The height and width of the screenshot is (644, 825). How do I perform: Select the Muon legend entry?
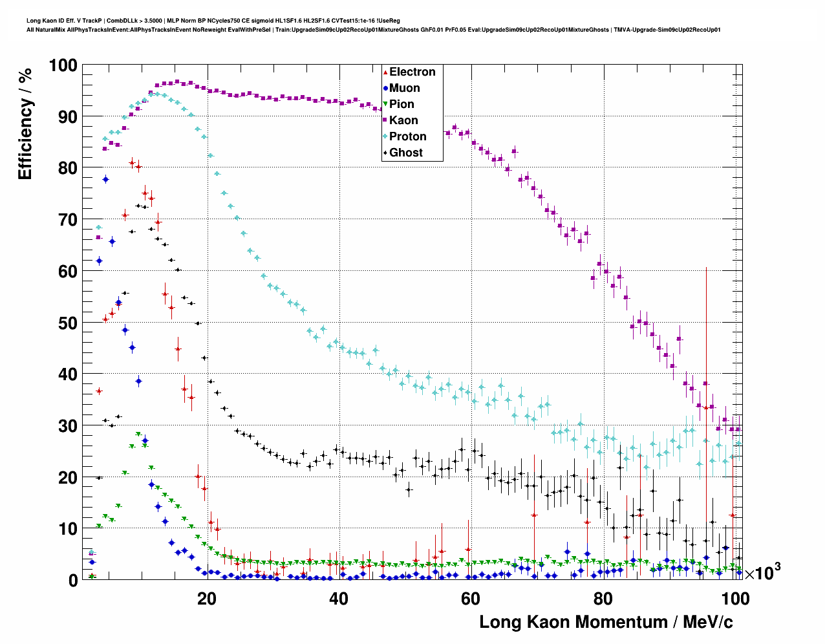coord(404,88)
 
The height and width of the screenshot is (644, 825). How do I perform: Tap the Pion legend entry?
coord(402,104)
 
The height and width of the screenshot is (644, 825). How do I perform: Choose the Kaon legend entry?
coord(403,120)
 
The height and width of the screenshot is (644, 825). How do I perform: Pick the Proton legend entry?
coord(407,136)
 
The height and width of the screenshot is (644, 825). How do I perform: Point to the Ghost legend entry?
coord(405,153)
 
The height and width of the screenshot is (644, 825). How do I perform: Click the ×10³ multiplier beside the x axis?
coord(762,572)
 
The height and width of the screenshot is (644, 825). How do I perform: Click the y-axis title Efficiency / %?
coord(25,123)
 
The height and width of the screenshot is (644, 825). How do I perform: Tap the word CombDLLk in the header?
coord(120,21)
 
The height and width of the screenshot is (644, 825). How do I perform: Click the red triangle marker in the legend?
coord(385,72)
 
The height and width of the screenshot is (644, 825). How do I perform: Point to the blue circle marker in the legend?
coord(385,88)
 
